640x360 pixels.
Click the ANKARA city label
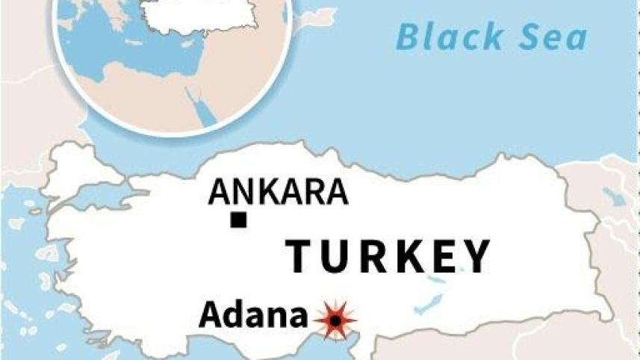tap(278, 193)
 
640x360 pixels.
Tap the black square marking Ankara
tap(238, 220)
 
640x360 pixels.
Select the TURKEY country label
tap(389, 256)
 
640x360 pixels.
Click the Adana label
tap(252, 316)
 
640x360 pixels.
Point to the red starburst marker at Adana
tap(335, 320)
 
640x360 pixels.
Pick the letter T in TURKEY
tap(302, 256)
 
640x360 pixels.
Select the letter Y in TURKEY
tap(475, 256)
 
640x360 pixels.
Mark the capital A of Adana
tap(211, 316)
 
